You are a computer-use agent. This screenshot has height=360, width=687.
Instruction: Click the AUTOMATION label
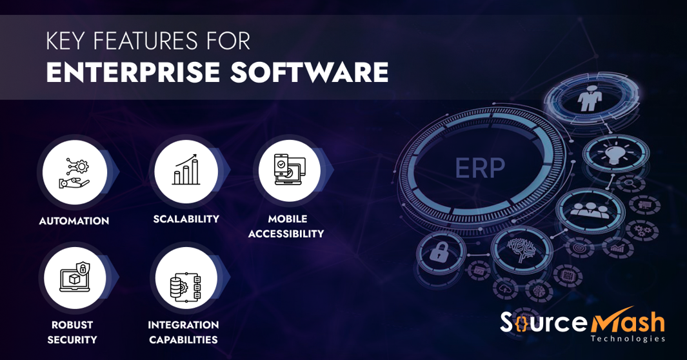pyautogui.click(x=74, y=221)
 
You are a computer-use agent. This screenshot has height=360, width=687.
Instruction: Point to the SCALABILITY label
pyautogui.click(x=186, y=219)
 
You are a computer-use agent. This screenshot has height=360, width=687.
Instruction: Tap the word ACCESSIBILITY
pyautogui.click(x=286, y=234)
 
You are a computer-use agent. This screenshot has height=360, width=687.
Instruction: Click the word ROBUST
pyautogui.click(x=72, y=325)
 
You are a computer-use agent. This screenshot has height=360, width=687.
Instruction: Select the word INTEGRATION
pyautogui.click(x=183, y=325)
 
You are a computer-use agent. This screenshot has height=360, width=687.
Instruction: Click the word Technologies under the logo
pyautogui.click(x=628, y=339)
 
